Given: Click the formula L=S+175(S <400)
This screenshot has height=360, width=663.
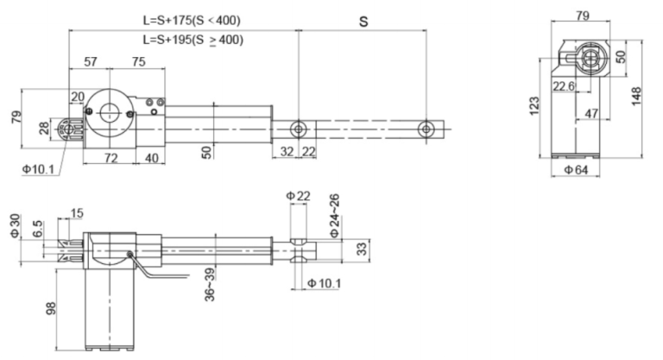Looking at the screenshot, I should coord(193,19).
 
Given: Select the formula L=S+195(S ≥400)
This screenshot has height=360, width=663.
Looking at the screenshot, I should coord(193,40).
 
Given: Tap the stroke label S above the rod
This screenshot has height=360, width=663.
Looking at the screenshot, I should coord(363,20).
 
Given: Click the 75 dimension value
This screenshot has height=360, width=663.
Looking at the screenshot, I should coord(138,62).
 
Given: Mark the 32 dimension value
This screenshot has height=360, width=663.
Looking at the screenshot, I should coord(287,151).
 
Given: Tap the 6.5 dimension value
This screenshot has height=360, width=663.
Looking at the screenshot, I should coord(36,231).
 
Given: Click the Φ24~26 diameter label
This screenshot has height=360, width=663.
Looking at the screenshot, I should coord(334,217).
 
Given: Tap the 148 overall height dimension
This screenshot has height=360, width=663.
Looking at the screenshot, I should coord(636,92).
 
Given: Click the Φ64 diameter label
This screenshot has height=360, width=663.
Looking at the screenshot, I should coord(578,170).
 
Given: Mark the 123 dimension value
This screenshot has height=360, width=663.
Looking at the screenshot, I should coord(535,104).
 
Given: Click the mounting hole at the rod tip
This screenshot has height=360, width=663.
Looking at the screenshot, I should coord(425,129).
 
